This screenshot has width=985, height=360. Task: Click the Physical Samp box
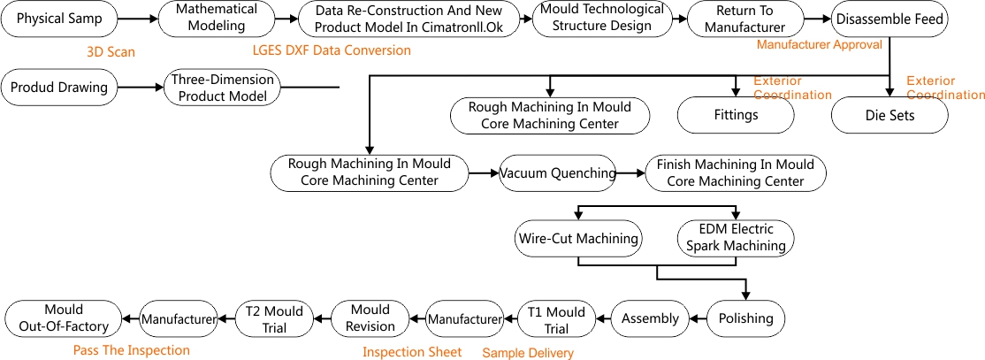[x=59, y=19]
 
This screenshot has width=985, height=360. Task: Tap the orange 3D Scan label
[x=111, y=52]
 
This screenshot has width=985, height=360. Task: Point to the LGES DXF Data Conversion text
[x=332, y=51]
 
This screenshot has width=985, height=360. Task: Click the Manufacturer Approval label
[x=820, y=44]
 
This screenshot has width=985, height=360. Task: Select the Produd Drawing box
[x=60, y=88]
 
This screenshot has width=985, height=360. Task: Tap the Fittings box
[x=736, y=116]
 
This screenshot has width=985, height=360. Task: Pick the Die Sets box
[x=889, y=116]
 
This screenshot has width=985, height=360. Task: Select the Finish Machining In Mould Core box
[x=736, y=174]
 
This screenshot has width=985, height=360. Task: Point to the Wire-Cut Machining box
[x=578, y=239]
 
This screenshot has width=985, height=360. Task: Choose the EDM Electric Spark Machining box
[x=736, y=239]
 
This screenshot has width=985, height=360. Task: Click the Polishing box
[x=745, y=318]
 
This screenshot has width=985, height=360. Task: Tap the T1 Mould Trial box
[x=556, y=318]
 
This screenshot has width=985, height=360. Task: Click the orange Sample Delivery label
[x=528, y=353]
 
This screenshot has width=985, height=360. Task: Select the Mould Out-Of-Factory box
[x=63, y=318]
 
